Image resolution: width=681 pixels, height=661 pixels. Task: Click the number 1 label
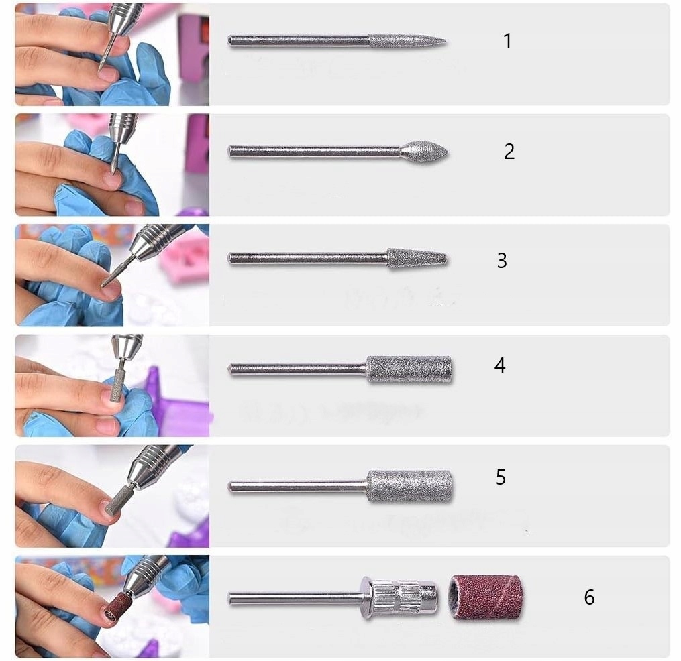pyautogui.click(x=507, y=42)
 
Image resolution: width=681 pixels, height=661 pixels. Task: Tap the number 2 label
pyautogui.click(x=509, y=152)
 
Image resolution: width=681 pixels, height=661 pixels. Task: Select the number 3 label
pyautogui.click(x=502, y=261)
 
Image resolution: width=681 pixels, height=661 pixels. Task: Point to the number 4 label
pyautogui.click(x=500, y=365)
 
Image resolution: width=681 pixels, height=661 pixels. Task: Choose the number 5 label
pyautogui.click(x=501, y=477)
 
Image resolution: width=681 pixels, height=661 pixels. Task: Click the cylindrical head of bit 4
pyautogui.click(x=409, y=369)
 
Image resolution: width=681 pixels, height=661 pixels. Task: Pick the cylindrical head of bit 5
pyautogui.click(x=409, y=486)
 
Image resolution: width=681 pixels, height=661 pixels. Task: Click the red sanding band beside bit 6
pyautogui.click(x=486, y=597)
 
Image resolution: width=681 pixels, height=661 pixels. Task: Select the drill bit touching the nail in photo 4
pyautogui.click(x=119, y=381)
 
